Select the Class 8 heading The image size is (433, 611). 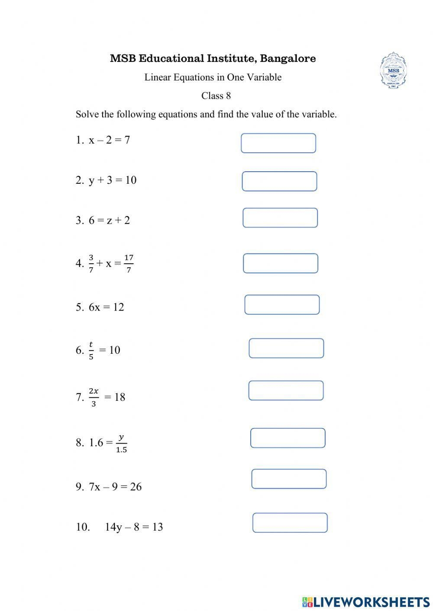click(216, 96)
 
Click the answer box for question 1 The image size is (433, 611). click(278, 143)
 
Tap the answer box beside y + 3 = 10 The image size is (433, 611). click(279, 181)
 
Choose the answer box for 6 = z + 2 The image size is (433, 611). click(280, 218)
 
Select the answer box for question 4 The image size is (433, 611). click(281, 263)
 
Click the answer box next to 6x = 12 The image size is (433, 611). click(282, 305)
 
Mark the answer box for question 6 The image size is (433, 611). click(286, 349)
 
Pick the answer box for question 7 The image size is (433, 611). click(286, 390)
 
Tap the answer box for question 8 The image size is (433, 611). click(288, 438)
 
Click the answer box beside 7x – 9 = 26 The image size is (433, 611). click(289, 479)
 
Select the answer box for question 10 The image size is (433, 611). click(290, 523)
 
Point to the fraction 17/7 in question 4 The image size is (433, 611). click(129, 264)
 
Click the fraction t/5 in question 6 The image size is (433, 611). click(91, 350)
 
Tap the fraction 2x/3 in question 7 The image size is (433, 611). click(94, 397)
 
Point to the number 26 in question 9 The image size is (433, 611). click(136, 487)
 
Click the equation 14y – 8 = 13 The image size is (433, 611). click(134, 527)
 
